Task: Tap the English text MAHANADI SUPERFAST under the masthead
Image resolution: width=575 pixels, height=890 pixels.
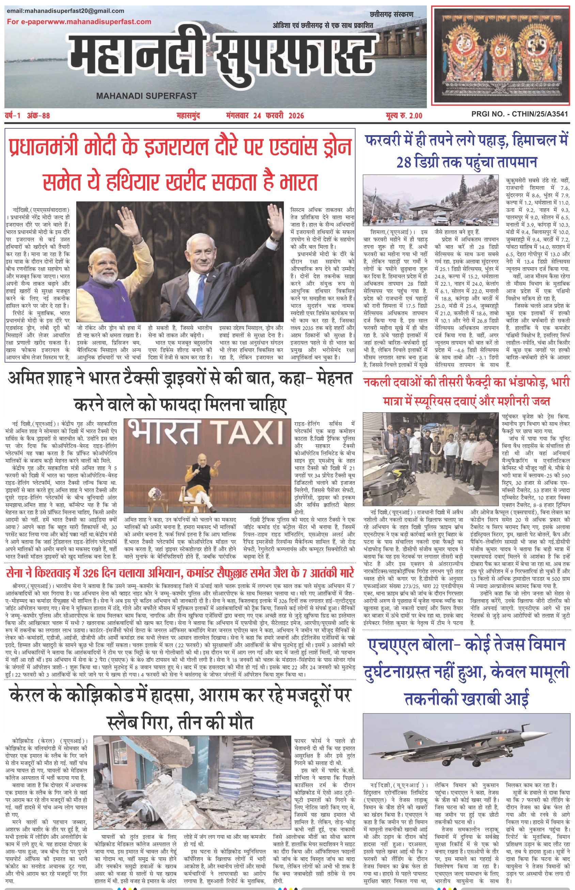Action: pyautogui.click(x=146, y=96)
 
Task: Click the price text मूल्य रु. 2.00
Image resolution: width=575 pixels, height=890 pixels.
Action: pyautogui.click(x=404, y=116)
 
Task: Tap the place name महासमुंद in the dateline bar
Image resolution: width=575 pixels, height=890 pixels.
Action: pyautogui.click(x=188, y=116)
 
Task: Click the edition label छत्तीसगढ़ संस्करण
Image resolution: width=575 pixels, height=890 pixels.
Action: pyautogui.click(x=392, y=15)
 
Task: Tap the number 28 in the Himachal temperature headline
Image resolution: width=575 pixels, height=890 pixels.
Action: pyautogui.click(x=404, y=162)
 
